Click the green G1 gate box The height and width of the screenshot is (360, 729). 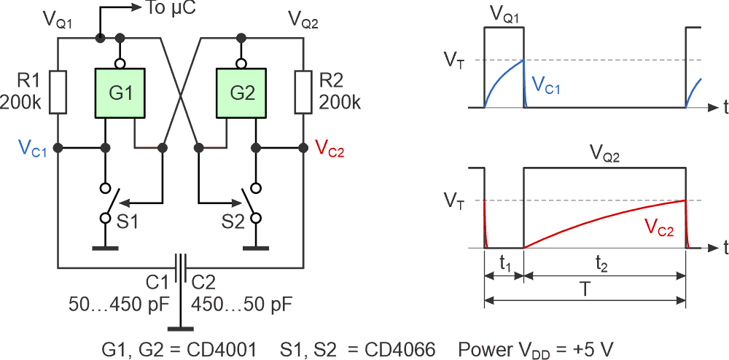[120, 93]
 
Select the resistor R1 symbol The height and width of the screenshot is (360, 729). [58, 92]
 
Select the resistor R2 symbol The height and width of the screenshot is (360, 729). [303, 92]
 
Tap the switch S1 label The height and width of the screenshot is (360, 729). [127, 222]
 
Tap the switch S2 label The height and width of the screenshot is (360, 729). [230, 222]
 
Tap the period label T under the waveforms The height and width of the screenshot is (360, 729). [585, 288]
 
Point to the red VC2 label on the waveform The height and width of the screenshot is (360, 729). [659, 227]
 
